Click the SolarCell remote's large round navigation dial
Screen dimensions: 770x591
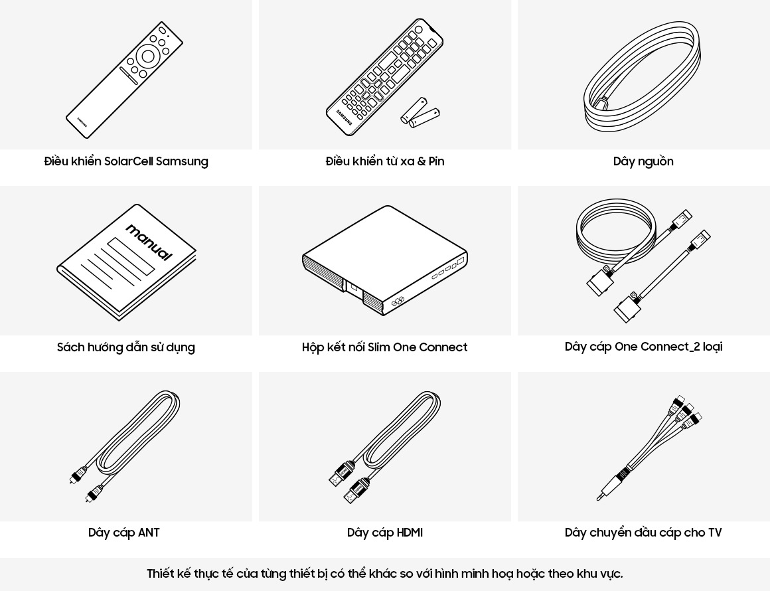click(x=148, y=56)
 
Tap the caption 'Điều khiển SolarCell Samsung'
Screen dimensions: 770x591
click(x=126, y=161)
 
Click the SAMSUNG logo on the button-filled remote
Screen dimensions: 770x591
click(x=344, y=117)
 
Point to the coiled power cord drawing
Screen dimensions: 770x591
click(x=642, y=76)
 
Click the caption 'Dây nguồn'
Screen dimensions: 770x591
click(x=643, y=161)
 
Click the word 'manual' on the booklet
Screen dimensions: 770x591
click(x=149, y=242)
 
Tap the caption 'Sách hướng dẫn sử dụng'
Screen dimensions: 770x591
click(x=126, y=347)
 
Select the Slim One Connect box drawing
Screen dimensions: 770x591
click(x=385, y=260)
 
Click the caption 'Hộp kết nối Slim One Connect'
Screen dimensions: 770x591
click(x=385, y=347)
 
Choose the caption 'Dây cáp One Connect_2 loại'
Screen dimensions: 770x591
click(x=643, y=347)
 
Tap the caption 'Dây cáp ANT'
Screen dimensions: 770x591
click(x=124, y=533)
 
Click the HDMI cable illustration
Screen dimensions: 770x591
click(x=385, y=446)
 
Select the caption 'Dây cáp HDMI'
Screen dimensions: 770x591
click(x=385, y=533)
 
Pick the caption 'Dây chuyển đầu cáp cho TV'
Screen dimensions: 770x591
click(x=643, y=533)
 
